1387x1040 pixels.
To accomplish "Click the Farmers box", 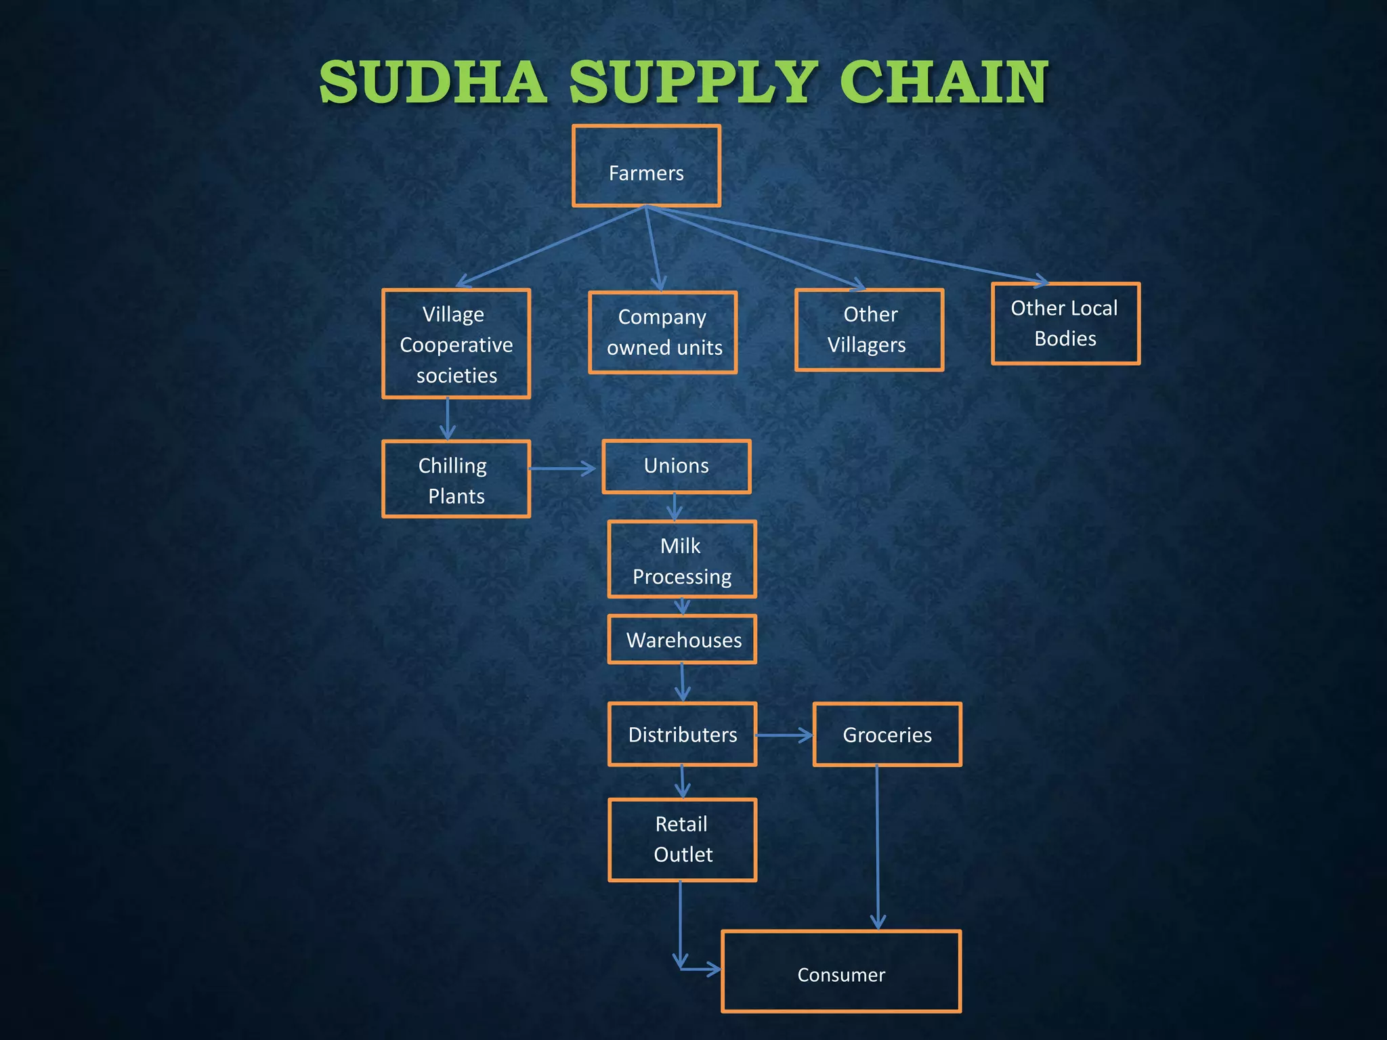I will coord(646,166).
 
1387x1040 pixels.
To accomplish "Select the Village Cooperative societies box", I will coord(456,344).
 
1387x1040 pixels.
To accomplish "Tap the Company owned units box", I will coord(663,332).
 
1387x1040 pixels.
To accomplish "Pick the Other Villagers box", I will coord(869,330).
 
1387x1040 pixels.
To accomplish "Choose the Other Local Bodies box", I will coord(1065,324).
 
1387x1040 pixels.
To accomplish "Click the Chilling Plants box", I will coord(456,479).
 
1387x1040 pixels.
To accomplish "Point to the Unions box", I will coord(677,467).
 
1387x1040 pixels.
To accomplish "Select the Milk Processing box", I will coord(682,559).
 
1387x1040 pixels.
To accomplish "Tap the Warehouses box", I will coord(682,639).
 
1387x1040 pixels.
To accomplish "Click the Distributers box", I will coord(682,735).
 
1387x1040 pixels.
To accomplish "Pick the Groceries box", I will coord(887,735).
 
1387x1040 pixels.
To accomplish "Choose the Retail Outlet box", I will coord(682,840).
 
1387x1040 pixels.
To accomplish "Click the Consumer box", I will coord(841,972).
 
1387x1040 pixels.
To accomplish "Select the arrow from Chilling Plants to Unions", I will coord(562,468).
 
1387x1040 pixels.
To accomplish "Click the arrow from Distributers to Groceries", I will coord(784,735).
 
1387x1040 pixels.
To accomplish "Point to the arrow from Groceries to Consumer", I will coord(878,846).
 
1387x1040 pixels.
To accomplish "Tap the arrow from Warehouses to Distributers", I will coord(683,682).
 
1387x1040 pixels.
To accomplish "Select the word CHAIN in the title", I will coord(944,83).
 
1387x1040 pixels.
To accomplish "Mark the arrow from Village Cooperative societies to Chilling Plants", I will coord(448,419).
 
